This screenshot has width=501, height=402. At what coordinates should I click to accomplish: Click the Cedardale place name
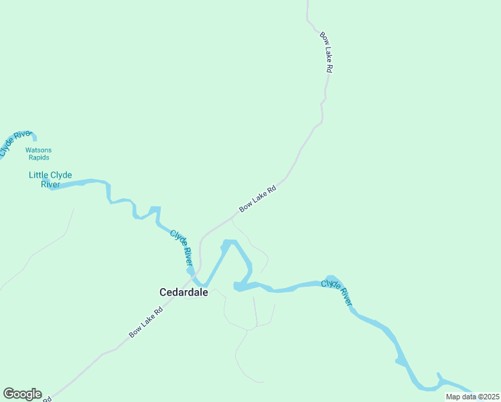click(x=184, y=292)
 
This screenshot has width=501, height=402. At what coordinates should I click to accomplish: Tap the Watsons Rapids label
click(x=38, y=153)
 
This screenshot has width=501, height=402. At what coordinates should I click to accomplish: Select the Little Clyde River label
click(x=50, y=180)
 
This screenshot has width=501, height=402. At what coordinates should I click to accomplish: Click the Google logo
click(x=22, y=394)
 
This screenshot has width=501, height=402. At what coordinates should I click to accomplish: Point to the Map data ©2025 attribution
click(x=472, y=397)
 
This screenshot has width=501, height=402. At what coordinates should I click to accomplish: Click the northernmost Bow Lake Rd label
click(x=326, y=52)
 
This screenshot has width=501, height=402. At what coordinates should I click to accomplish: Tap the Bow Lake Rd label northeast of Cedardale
click(x=257, y=199)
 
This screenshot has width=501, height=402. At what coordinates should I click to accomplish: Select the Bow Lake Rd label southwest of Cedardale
click(x=146, y=322)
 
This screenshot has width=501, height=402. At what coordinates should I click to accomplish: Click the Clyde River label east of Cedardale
click(x=336, y=293)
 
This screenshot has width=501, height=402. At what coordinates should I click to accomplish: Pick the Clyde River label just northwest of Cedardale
click(x=181, y=247)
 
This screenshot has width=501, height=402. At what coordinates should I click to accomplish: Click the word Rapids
click(x=38, y=157)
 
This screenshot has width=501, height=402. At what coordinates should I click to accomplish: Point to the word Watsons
click(x=38, y=150)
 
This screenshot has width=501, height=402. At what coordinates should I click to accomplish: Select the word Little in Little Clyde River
click(x=37, y=175)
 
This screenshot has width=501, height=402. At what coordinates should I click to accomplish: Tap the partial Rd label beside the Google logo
click(x=46, y=399)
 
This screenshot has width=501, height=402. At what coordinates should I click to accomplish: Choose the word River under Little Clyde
click(x=50, y=184)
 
